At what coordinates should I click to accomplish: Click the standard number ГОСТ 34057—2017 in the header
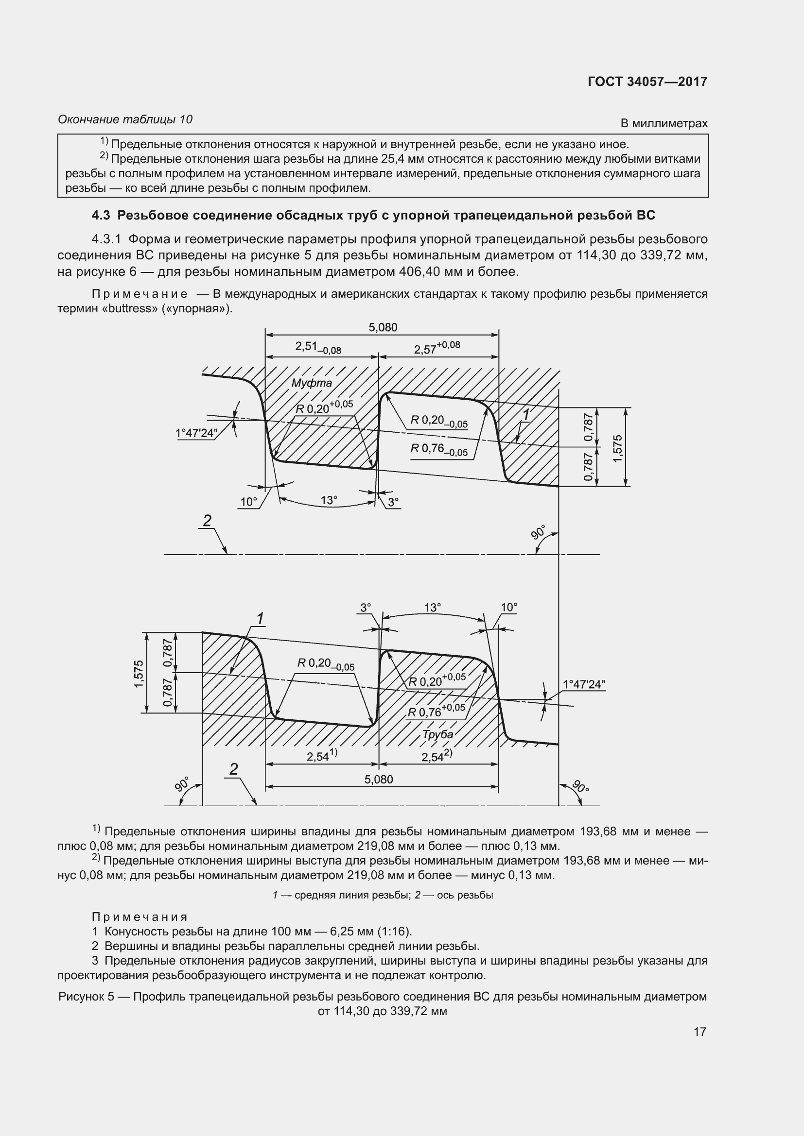click(x=647, y=82)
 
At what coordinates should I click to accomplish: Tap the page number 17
click(x=699, y=1032)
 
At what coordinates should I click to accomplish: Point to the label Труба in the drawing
click(x=437, y=734)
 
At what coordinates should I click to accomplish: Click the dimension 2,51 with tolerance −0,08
click(x=318, y=347)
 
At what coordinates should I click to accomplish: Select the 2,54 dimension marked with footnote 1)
click(x=322, y=756)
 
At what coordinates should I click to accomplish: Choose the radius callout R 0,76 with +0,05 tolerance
click(x=436, y=712)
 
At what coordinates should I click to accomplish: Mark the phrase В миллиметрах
click(x=664, y=123)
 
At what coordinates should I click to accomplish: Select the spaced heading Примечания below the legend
click(x=140, y=917)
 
